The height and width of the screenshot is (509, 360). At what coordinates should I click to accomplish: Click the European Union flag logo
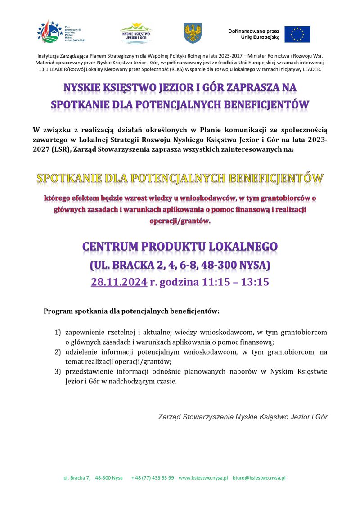point(297,34)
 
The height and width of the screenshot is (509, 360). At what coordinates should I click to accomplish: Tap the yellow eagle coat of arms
point(193,34)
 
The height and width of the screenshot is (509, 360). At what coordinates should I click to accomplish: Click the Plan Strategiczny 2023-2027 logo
point(62,32)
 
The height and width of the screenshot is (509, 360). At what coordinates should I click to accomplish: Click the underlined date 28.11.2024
point(119,282)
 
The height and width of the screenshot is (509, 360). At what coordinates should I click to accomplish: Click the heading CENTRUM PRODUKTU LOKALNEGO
point(180,247)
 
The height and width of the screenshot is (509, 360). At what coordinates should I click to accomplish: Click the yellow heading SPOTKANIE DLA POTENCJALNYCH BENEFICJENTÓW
point(180,178)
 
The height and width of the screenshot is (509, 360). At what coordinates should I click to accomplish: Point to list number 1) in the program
point(58,333)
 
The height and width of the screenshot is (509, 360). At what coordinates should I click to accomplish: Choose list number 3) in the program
point(58,372)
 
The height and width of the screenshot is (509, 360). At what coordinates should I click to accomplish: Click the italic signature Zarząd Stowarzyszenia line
point(243,417)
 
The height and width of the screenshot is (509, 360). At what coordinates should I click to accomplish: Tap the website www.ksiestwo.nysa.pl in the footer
point(203,478)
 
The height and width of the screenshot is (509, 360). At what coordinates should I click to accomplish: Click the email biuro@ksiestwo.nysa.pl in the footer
point(259,478)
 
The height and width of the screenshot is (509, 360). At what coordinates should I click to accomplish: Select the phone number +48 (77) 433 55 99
point(153,478)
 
